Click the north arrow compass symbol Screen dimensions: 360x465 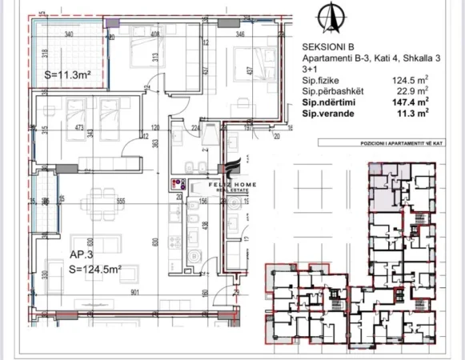coord(326,15)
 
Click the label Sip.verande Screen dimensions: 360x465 coord(328,114)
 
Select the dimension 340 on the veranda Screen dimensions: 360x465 coord(70,34)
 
